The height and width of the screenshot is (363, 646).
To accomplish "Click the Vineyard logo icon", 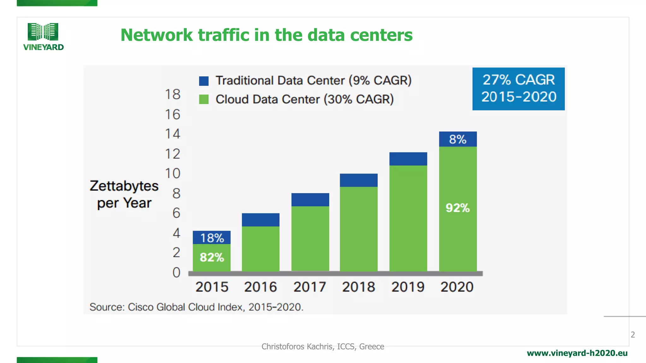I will [43, 32].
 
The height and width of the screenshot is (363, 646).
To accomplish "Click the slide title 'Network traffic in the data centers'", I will [267, 35].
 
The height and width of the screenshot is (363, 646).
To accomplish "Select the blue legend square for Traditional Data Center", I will [204, 81].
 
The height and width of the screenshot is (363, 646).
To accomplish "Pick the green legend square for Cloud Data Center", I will [204, 100].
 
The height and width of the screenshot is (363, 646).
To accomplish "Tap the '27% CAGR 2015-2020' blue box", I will [518, 89].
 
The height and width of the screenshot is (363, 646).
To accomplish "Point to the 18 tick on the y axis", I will [173, 94].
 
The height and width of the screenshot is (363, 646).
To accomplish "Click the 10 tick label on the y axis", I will [173, 173].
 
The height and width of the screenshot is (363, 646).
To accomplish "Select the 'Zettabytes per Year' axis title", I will [124, 194].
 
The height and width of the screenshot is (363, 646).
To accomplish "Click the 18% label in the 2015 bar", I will [212, 238].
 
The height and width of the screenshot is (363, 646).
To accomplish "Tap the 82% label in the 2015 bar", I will [212, 257].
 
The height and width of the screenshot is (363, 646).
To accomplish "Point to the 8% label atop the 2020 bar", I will [458, 139].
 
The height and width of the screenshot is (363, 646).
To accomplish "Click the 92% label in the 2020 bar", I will [458, 208].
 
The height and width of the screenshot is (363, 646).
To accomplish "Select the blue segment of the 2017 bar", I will [310, 200].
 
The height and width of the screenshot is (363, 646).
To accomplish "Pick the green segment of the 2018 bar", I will [359, 229].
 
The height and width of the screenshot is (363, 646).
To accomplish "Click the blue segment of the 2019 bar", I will [408, 159].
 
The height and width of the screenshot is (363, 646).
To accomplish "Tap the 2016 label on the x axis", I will [260, 287].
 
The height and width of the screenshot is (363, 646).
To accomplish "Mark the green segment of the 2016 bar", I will [261, 249].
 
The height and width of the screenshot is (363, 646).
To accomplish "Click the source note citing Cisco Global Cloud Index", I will [196, 307].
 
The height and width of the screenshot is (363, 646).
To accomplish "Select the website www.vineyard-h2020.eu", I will [577, 353].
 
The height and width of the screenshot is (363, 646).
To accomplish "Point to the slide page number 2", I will [632, 335].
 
